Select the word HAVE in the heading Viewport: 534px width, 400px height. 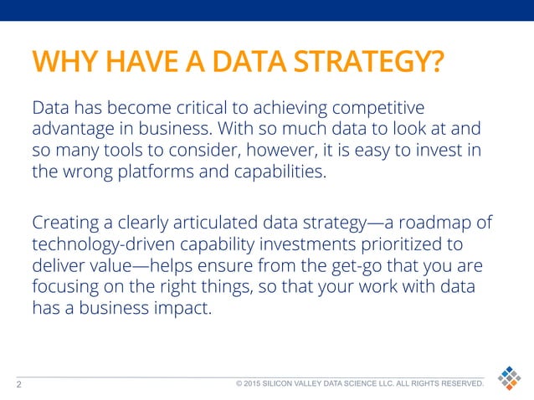[129, 64]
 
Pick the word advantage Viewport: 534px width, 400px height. [70, 131]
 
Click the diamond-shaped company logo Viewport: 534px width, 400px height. [508, 379]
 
